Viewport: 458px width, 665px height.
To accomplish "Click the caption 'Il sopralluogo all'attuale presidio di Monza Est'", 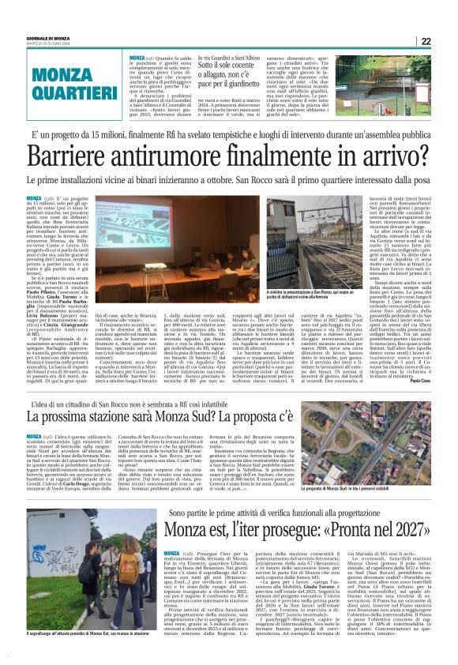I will tap(78, 657).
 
